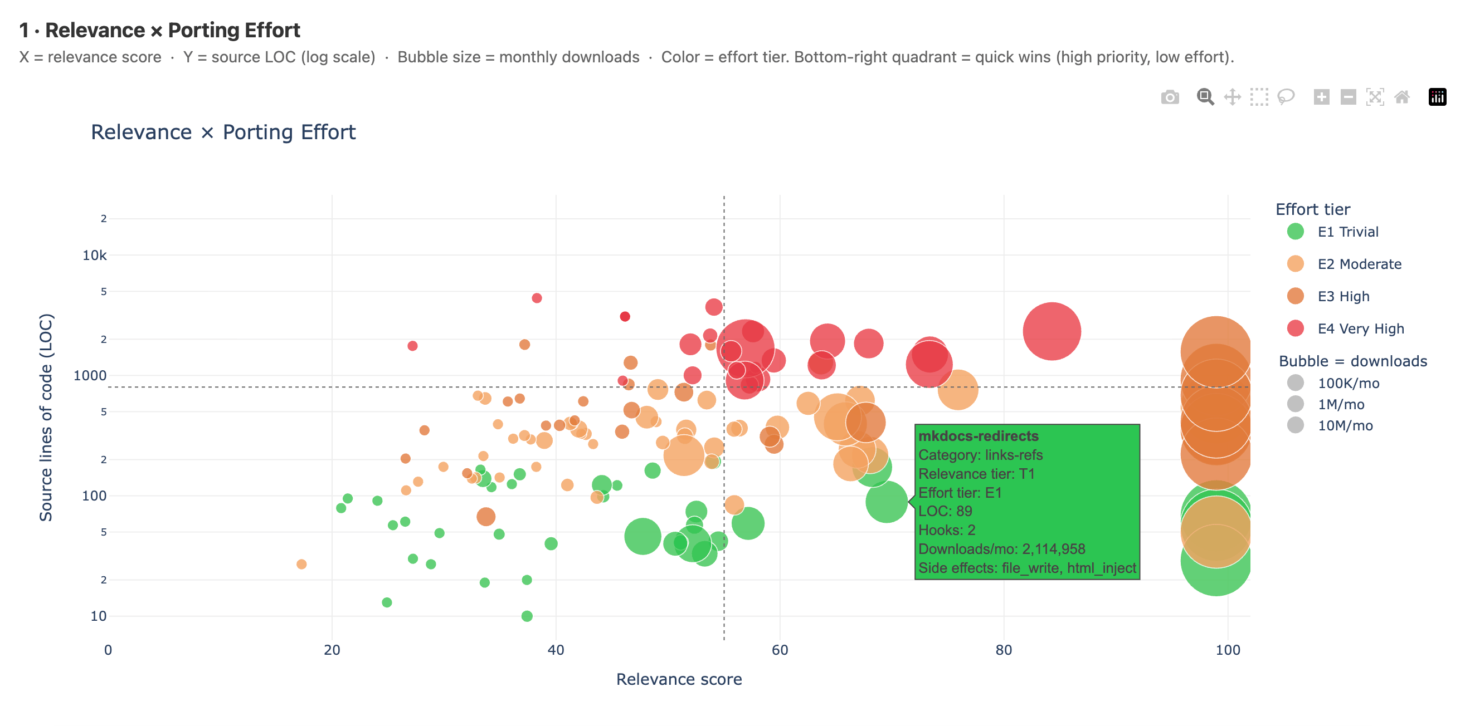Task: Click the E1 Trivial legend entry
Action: click(1347, 232)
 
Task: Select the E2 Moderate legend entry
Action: click(1358, 264)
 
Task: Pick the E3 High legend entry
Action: click(1343, 297)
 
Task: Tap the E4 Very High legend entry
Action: click(1360, 329)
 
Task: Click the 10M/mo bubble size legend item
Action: click(1345, 425)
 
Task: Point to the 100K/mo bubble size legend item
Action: click(1348, 383)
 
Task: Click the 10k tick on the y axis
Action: click(95, 256)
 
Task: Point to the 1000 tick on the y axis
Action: click(90, 376)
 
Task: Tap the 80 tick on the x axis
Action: click(1003, 650)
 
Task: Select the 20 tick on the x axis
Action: click(332, 650)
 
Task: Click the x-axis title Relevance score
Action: click(679, 679)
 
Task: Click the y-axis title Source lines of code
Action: click(46, 417)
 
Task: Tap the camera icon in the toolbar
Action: click(1169, 97)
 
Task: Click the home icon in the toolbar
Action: click(1401, 97)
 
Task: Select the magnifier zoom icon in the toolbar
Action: click(1205, 97)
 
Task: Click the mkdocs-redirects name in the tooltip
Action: click(977, 436)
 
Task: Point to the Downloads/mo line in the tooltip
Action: click(1001, 549)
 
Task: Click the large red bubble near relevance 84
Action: click(1051, 331)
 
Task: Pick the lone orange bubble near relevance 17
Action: click(301, 564)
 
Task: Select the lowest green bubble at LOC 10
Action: click(527, 616)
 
